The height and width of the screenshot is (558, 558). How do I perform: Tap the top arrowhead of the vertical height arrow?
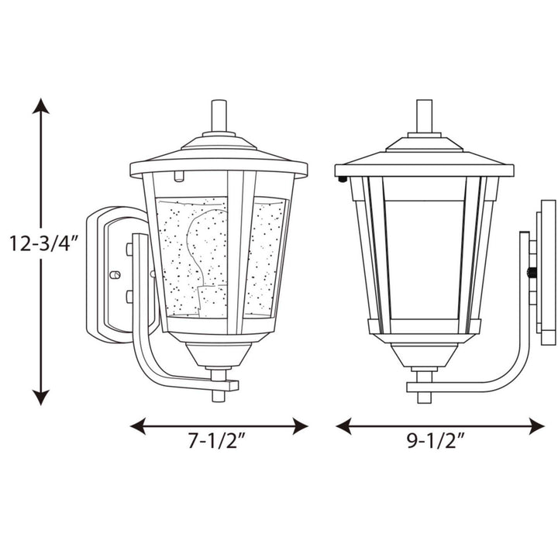[x=41, y=106]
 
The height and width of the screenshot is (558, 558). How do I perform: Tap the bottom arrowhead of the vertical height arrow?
[x=41, y=398]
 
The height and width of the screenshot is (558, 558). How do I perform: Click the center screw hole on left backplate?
[x=115, y=274]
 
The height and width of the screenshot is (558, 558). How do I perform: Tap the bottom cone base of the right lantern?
[x=424, y=357]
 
